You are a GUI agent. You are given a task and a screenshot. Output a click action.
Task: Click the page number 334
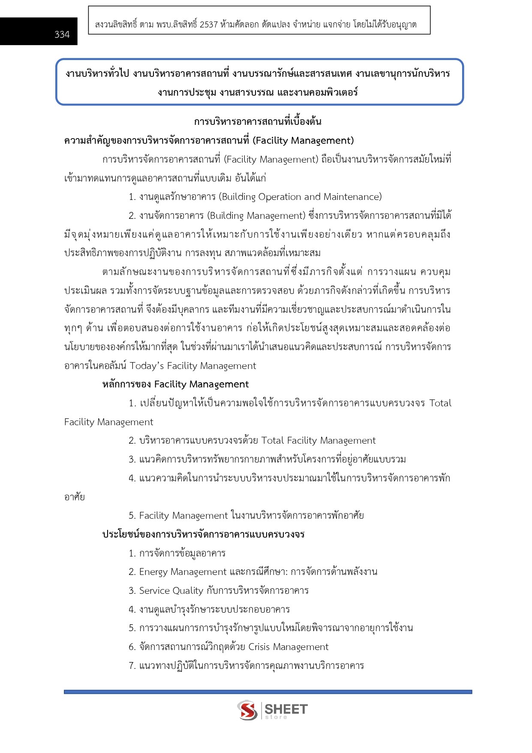pos(62,35)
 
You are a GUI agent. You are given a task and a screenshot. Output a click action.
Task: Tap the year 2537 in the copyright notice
pos(209,24)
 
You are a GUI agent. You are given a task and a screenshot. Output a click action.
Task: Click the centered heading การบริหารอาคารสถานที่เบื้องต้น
pos(257,121)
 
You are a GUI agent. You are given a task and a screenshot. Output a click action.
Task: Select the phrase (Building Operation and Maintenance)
pos(300,197)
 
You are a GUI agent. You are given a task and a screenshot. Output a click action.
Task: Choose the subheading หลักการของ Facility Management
pos(175,384)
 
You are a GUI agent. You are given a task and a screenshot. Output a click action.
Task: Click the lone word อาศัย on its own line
pos(75,497)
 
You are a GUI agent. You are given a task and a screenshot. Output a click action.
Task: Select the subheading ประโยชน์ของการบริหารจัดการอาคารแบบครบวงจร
pos(203,535)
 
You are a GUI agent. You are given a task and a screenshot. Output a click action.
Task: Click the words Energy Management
pos(183,572)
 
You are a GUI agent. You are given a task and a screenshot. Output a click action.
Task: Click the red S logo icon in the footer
pos(247,711)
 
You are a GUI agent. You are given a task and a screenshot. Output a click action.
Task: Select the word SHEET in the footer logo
pos(286,709)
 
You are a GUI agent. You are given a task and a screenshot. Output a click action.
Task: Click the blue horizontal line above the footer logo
pos(268,692)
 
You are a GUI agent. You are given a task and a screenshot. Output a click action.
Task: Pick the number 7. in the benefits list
pos(132,666)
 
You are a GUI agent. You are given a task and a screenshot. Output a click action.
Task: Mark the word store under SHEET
pos(276,717)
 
